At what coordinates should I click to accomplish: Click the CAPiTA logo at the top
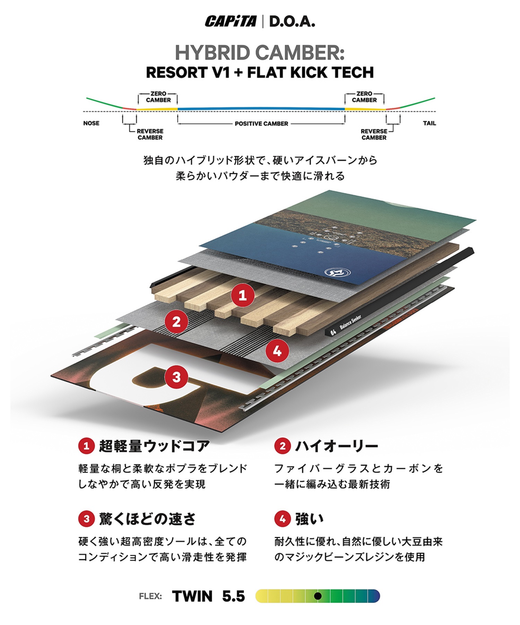[231, 22]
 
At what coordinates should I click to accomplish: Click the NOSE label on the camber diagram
[91, 123]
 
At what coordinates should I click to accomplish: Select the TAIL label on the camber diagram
[429, 123]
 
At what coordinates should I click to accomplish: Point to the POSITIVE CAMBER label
[261, 124]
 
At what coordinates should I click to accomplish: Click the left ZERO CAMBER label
[158, 97]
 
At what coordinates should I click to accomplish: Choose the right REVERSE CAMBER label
[374, 134]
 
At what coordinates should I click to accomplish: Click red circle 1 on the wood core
[243, 295]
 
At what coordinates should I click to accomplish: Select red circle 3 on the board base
[176, 377]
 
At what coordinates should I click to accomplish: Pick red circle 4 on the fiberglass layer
[277, 352]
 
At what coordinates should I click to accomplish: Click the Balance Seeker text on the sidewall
[350, 323]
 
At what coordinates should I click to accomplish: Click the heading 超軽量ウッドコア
[154, 446]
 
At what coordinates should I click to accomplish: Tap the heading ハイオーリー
[336, 446]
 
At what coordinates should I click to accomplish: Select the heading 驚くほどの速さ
[147, 519]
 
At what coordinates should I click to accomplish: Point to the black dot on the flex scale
[317, 597]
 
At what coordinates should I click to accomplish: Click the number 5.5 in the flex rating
[233, 597]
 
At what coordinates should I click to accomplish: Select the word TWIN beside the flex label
[192, 597]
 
